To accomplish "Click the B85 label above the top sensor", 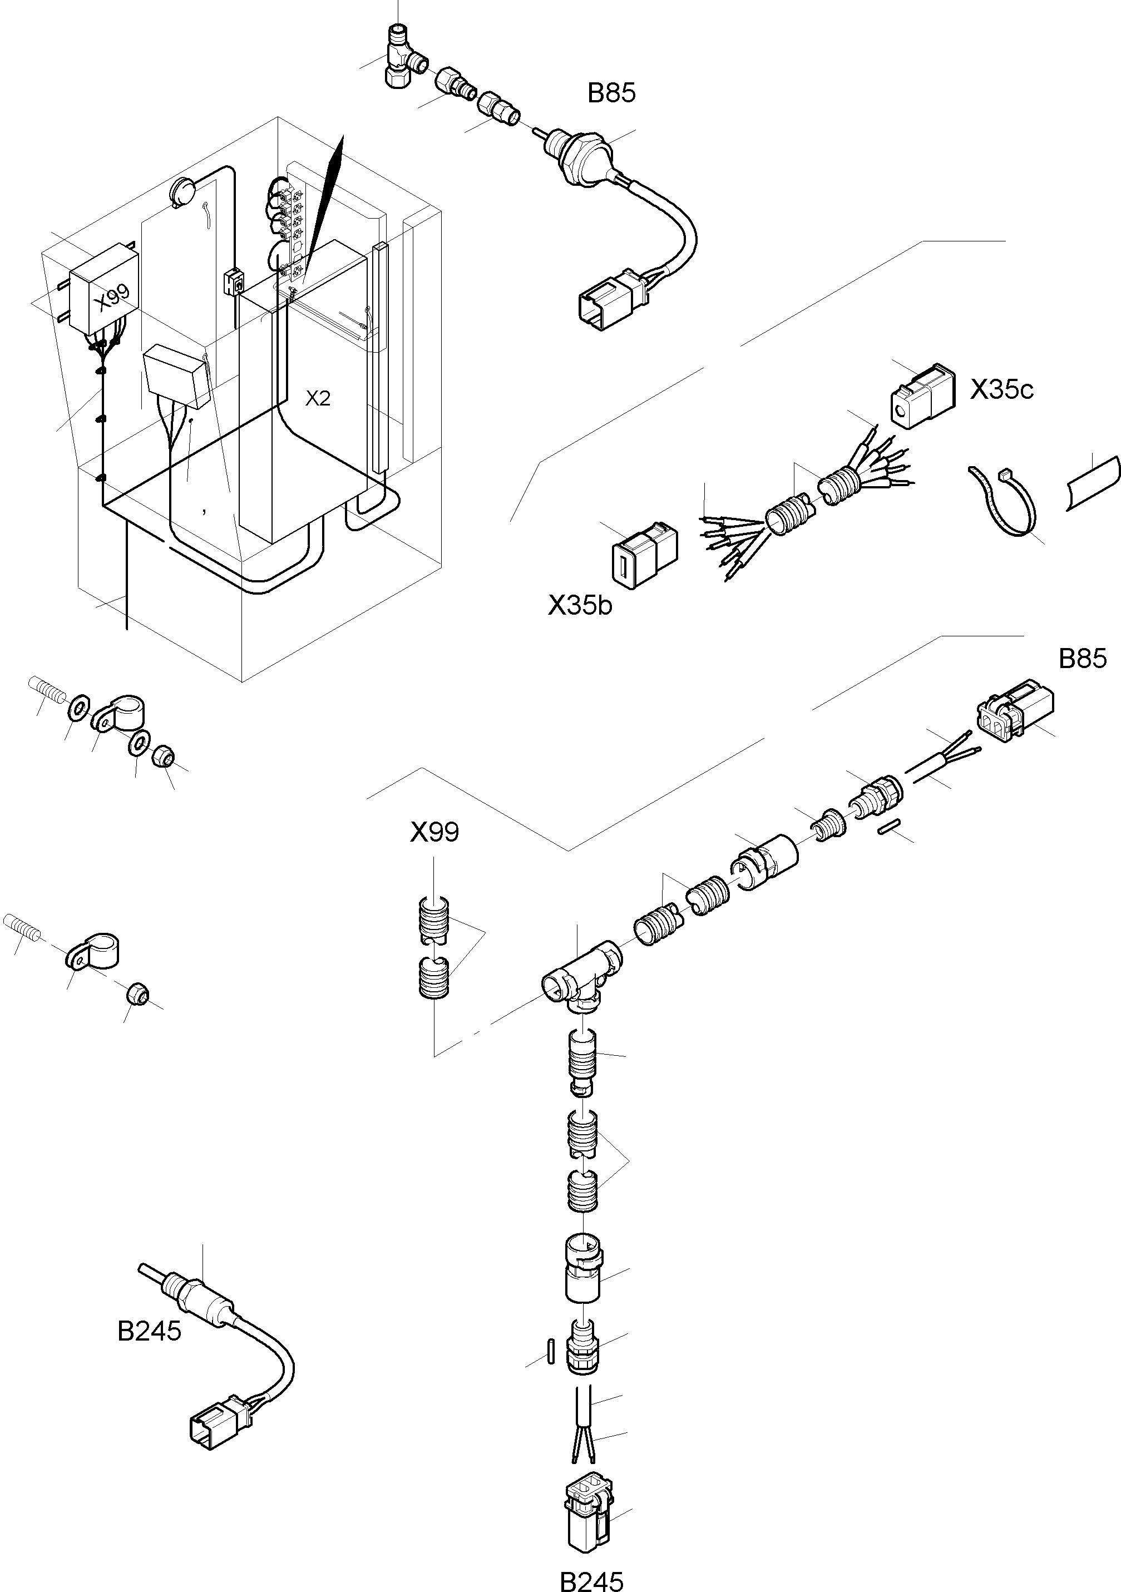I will tap(611, 93).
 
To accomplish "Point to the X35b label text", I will tap(580, 606).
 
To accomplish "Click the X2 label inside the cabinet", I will tap(318, 399).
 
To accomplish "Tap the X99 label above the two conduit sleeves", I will tap(434, 832).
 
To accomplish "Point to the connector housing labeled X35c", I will tap(921, 397).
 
